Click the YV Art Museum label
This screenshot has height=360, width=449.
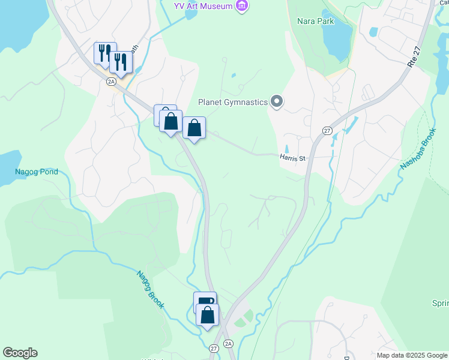(203, 6)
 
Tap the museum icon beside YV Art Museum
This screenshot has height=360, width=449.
(242, 6)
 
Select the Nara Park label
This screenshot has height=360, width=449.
(315, 20)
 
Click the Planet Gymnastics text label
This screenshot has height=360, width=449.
(233, 102)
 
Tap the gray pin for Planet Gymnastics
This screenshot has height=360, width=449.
(277, 102)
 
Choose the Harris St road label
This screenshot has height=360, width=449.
(292, 158)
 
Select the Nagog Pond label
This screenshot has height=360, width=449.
(37, 172)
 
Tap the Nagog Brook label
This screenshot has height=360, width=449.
(150, 290)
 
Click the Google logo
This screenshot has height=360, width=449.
(20, 353)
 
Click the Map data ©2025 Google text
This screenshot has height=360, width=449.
(411, 355)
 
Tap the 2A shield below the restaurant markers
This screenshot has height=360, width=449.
(111, 81)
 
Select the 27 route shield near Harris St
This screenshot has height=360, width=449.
(327, 130)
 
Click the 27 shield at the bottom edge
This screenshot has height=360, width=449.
(214, 348)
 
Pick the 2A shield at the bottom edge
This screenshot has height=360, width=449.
(228, 344)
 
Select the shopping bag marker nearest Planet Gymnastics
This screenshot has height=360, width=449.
(194, 128)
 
